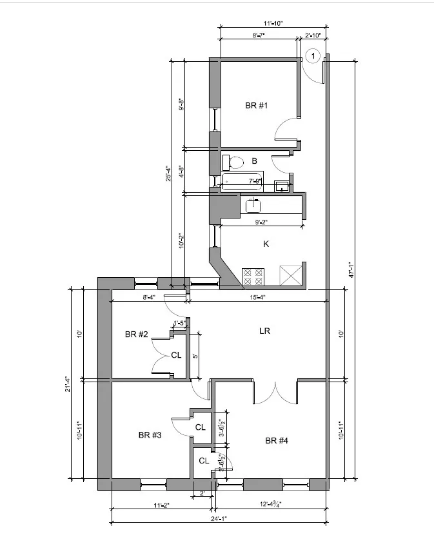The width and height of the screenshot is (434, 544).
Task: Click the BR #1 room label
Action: (x=256, y=105)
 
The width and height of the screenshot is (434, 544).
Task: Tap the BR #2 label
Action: (x=137, y=334)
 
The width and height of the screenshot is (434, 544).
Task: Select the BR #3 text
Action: (x=150, y=435)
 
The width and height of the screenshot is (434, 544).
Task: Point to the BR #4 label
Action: (x=277, y=441)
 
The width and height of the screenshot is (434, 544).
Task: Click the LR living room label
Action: (x=264, y=331)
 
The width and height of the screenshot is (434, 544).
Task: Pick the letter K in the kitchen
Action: (x=265, y=244)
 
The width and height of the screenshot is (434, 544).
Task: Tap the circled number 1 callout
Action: (x=312, y=57)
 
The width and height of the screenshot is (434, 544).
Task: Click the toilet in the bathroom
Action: (x=233, y=161)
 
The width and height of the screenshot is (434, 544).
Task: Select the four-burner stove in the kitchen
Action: (x=252, y=277)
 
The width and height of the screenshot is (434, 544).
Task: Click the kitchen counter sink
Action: (x=253, y=205)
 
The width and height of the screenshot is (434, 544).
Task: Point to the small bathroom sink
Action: (x=282, y=187)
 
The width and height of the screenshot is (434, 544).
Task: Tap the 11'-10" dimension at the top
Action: (x=273, y=23)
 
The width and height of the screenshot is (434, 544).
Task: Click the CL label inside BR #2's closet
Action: (x=176, y=355)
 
